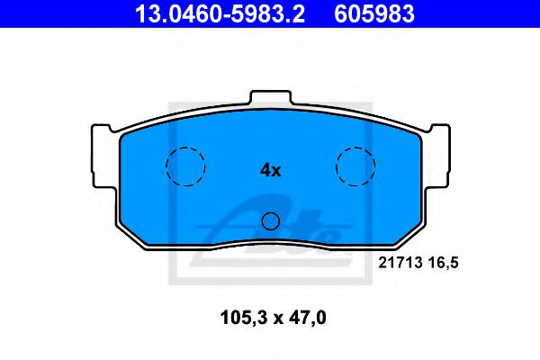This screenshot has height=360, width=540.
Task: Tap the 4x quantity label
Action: click(270, 169)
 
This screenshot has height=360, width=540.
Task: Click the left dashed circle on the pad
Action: click(185, 166)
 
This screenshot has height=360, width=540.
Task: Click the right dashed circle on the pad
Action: click(355, 166)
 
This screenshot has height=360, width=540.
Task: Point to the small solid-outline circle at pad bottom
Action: click(271, 220)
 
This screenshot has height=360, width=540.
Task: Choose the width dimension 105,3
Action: click(242, 317)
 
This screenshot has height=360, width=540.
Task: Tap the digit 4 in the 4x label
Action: click(265, 169)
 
